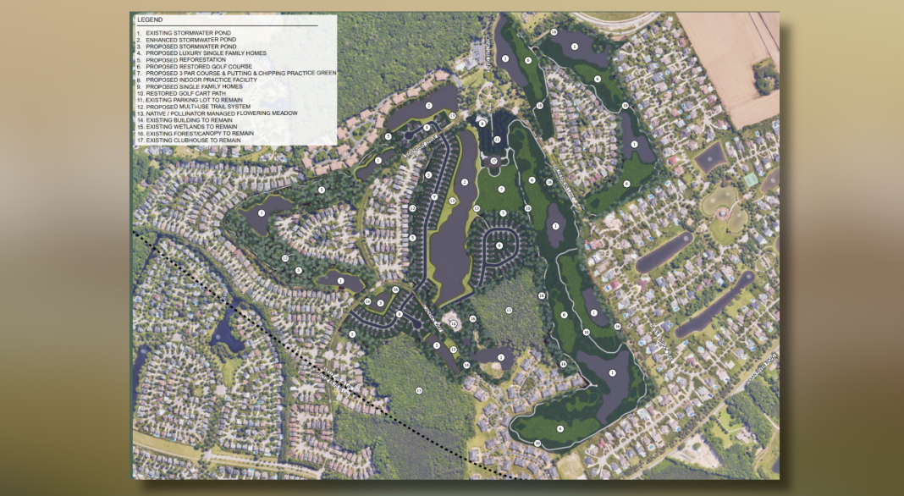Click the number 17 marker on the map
(493, 161)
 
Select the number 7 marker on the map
(501, 189)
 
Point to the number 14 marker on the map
(453, 323)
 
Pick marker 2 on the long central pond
(464, 183)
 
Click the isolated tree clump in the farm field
(766, 78)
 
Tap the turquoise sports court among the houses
(751, 179)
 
